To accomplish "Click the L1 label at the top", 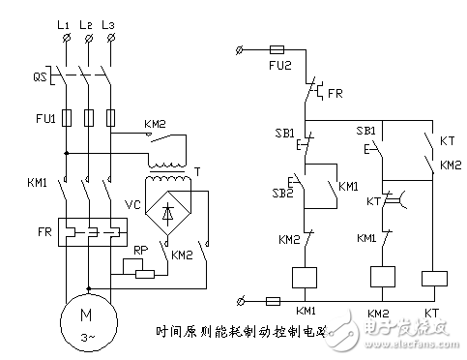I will pos(65,20).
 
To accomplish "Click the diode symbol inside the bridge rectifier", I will pos(170,214).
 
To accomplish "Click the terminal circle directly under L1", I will pos(64,39).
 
